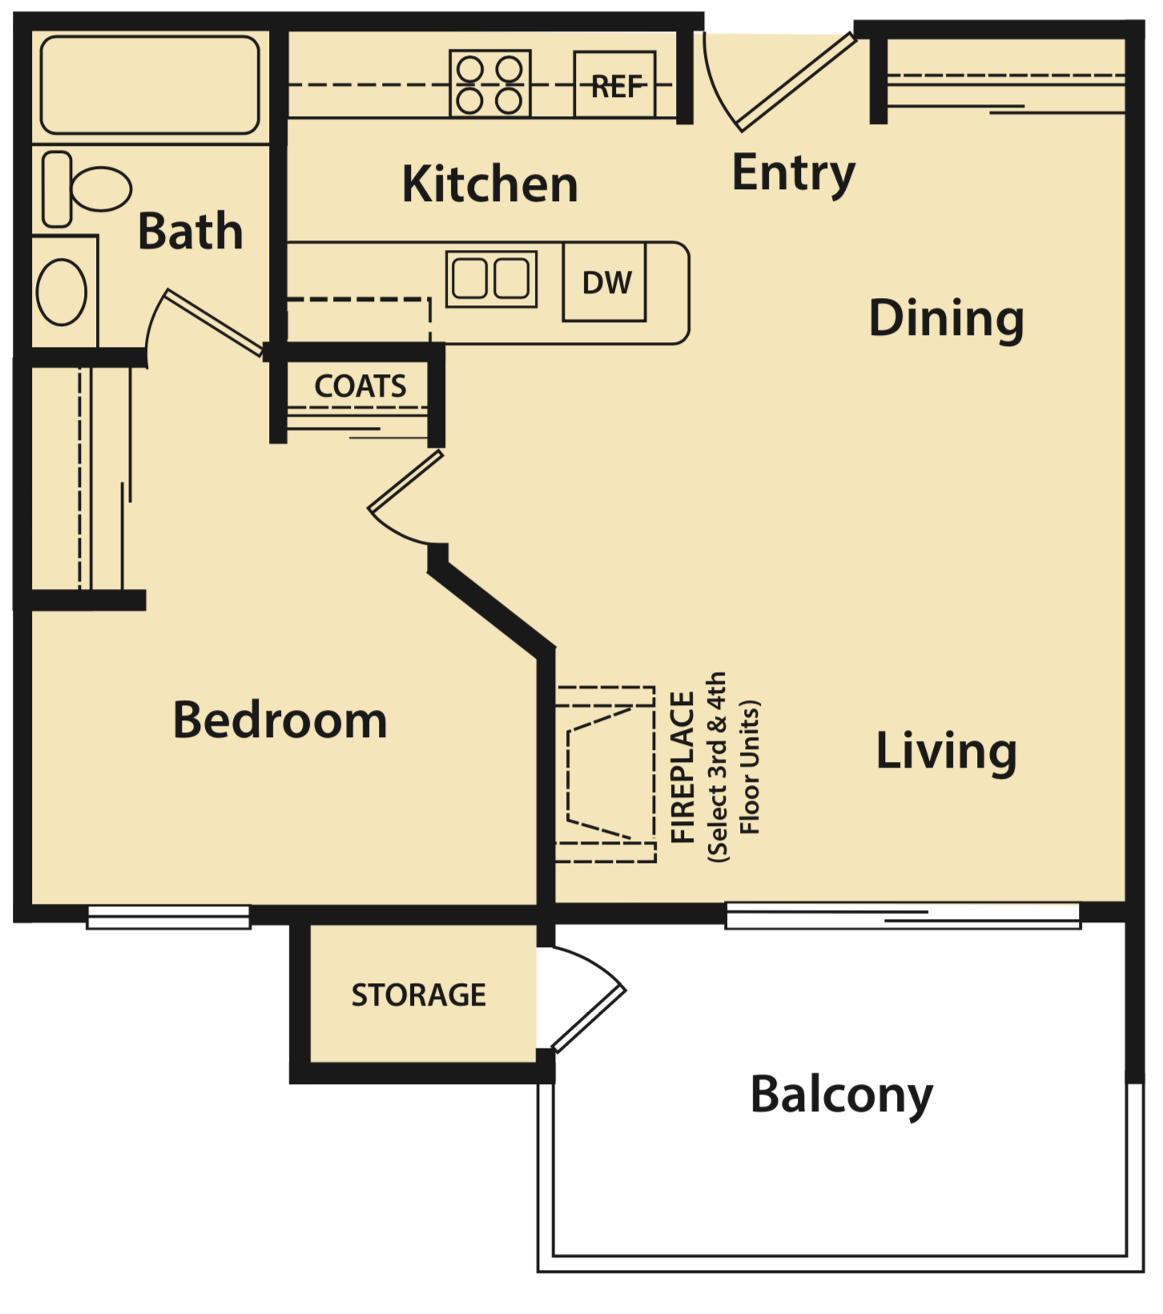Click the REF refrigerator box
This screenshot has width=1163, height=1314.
[615, 85]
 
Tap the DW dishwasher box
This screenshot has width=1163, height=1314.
[605, 283]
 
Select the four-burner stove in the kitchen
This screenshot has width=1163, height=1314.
[490, 83]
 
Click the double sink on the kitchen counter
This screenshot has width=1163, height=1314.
[491, 279]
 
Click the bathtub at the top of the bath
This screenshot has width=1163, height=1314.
[150, 85]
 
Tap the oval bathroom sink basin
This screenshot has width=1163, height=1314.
[62, 292]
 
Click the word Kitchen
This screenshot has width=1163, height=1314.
[489, 184]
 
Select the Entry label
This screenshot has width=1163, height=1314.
[793, 173]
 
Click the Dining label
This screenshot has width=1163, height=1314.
[946, 318]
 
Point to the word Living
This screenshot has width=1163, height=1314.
[946, 751]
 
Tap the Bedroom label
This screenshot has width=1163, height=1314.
[280, 719]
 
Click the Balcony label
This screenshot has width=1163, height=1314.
[841, 1094]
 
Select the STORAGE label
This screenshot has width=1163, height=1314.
[418, 995]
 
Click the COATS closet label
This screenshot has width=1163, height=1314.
[360, 386]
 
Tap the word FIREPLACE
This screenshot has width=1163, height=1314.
[682, 767]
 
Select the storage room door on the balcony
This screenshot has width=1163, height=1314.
[589, 1019]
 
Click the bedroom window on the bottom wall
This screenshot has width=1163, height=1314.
[168, 917]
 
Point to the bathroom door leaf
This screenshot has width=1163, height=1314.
[213, 322]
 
